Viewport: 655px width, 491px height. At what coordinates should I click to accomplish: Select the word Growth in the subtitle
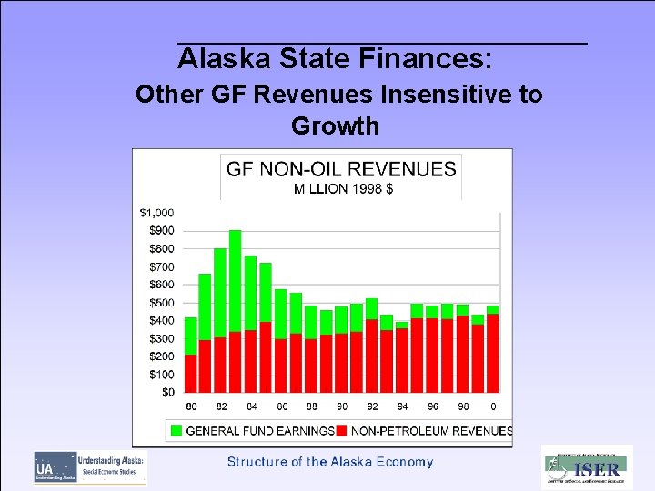point(335,125)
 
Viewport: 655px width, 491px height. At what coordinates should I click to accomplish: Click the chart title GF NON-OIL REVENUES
point(341,169)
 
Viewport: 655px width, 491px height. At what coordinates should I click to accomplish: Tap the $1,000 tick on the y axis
point(156,212)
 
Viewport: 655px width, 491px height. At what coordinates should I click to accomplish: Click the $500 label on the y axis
point(161,303)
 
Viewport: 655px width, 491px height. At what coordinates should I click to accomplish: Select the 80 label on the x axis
point(191,406)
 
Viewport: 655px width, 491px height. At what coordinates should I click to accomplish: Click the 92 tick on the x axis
point(372,406)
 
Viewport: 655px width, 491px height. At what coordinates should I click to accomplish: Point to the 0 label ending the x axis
point(493,406)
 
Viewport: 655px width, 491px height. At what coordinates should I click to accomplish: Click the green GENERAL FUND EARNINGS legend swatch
point(176,430)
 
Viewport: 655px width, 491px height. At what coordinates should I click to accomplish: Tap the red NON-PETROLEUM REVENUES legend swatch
point(342,430)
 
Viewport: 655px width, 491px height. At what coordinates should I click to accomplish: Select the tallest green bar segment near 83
point(236,280)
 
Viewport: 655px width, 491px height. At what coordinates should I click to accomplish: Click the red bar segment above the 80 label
point(191,374)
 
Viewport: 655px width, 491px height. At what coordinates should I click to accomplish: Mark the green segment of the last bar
point(493,309)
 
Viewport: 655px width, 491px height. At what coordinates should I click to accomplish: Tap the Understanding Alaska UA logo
point(90,467)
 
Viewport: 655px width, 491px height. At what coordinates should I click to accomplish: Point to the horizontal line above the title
point(382,43)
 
